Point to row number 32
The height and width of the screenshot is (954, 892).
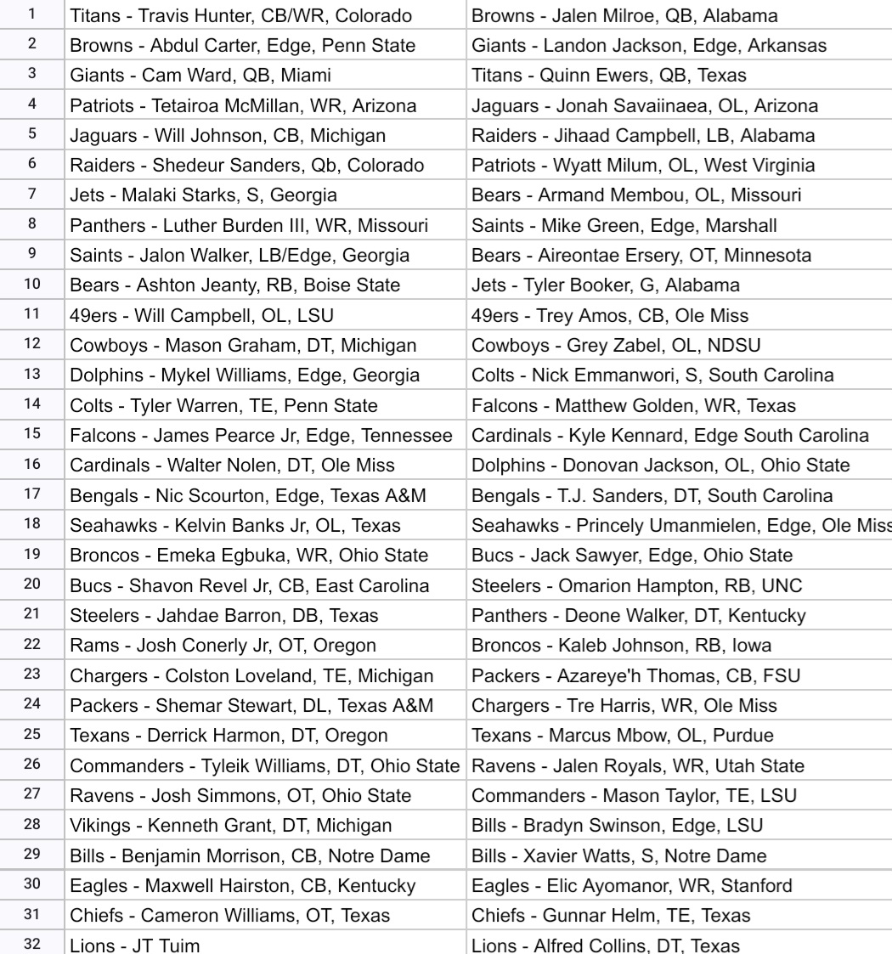32,942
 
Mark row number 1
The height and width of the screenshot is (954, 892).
32,16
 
